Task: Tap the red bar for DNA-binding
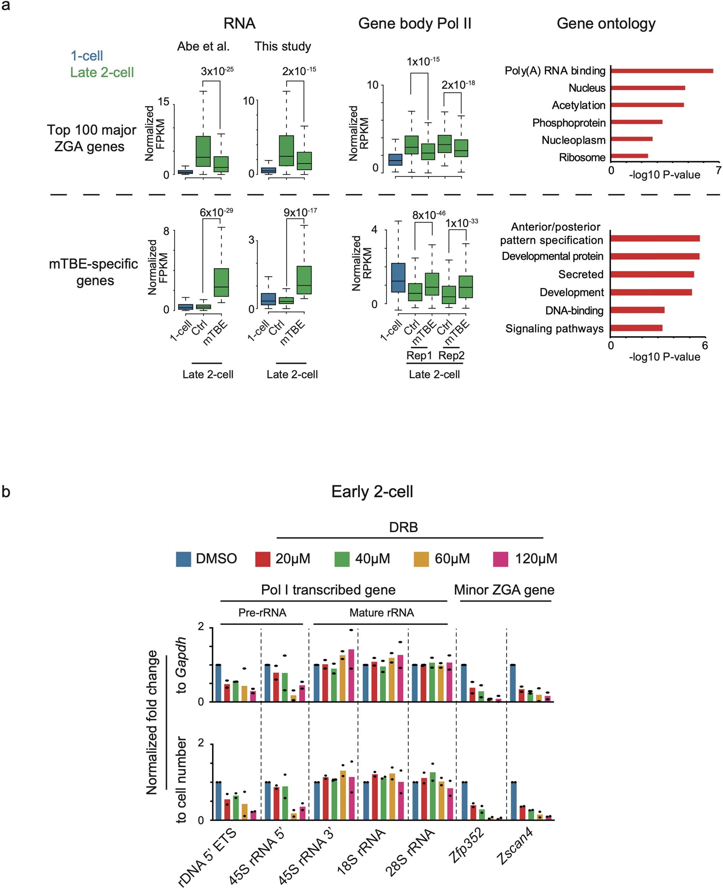(637, 310)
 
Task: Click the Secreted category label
(581, 274)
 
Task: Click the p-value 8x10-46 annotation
(429, 215)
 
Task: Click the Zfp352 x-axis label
(466, 845)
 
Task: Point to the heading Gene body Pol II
(415, 24)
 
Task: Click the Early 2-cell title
(372, 491)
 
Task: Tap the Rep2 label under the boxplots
(451, 355)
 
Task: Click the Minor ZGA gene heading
(504, 590)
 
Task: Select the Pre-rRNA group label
(262, 613)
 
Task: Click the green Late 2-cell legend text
(102, 73)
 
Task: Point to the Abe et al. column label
(203, 46)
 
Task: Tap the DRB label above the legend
(403, 527)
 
